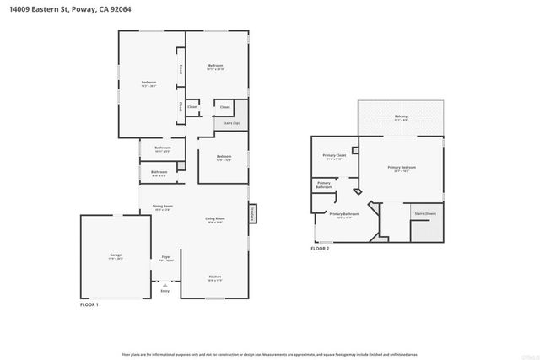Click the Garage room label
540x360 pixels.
click(116, 255)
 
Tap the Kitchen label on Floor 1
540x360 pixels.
click(215, 277)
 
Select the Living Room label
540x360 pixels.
click(214, 219)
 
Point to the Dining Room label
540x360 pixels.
click(162, 207)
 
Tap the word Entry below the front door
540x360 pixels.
click(165, 291)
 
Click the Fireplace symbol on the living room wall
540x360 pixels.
click(252, 214)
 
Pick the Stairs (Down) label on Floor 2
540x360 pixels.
click(424, 214)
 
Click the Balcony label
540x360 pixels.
click(401, 116)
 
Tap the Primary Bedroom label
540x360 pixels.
click(402, 168)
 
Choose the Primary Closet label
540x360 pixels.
click(334, 155)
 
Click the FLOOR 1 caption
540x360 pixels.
click(89, 304)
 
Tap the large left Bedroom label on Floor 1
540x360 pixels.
click(149, 83)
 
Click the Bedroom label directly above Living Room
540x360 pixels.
click(224, 156)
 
